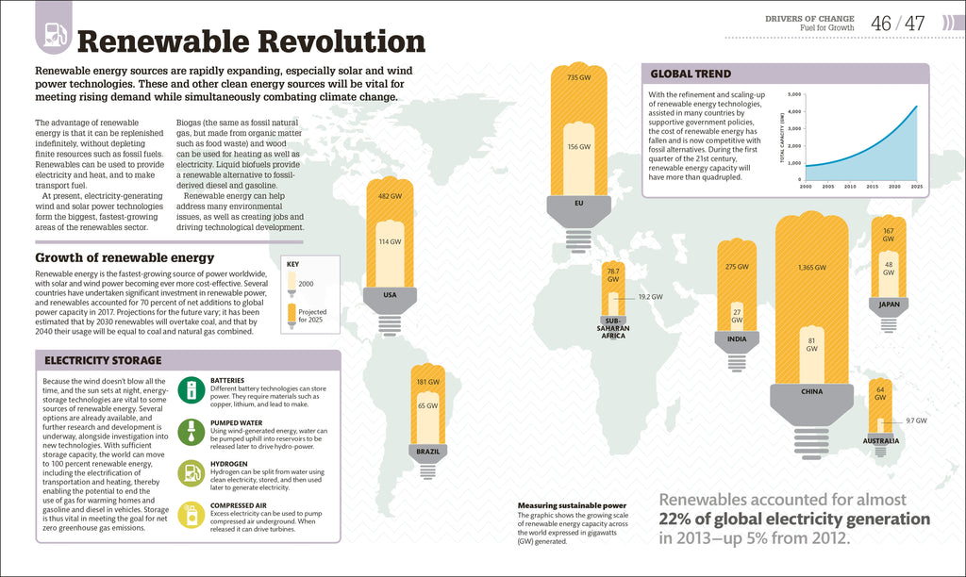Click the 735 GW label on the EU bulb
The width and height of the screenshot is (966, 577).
[578, 77]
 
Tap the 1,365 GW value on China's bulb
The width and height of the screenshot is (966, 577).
[811, 268]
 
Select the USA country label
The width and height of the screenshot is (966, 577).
[390, 294]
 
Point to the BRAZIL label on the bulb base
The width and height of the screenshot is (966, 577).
[428, 452]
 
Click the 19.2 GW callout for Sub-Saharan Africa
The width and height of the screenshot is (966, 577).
[650, 297]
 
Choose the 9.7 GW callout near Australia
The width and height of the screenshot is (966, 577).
[916, 420]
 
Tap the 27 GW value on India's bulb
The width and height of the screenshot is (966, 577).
[737, 315]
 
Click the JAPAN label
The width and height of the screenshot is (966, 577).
[888, 305]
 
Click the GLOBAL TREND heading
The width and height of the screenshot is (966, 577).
[691, 74]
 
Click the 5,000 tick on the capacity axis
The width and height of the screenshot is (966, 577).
[793, 95]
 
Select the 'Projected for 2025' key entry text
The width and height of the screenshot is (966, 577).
[312, 316]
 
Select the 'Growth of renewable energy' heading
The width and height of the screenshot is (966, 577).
[125, 257]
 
